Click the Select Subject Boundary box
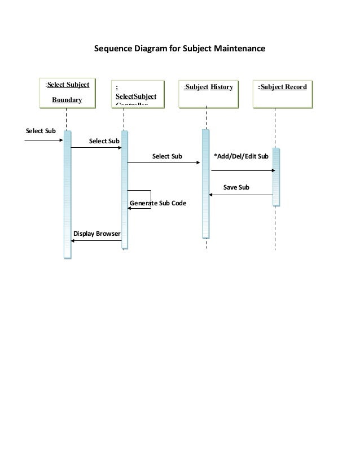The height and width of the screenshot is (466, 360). tap(67, 92)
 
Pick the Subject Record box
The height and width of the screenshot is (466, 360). tap(282, 92)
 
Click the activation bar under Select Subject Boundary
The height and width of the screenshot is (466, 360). tap(67, 195)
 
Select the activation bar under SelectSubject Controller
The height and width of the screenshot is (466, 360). tap(124, 189)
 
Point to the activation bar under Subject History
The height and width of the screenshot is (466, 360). tap(205, 183)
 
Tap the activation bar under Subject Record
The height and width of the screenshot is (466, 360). tap(276, 177)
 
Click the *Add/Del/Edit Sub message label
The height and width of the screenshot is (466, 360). tap(241, 156)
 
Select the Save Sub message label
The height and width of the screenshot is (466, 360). tap(236, 187)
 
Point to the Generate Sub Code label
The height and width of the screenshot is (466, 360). tap(158, 202)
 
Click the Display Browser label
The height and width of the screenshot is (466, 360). tap(96, 233)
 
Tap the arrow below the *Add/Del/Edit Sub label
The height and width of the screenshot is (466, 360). tap(243, 170)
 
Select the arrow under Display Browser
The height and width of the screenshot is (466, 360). tap(96, 241)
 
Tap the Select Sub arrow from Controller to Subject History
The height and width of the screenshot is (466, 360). tap(164, 163)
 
